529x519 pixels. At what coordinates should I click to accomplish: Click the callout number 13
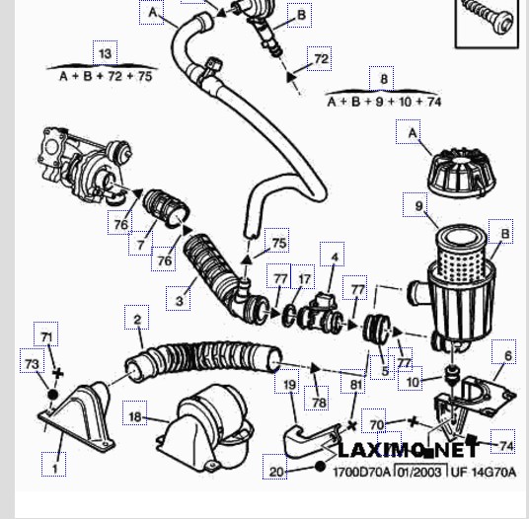pyautogui.click(x=106, y=53)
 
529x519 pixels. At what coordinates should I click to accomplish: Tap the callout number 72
pyautogui.click(x=321, y=59)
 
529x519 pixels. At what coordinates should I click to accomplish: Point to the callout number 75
pyautogui.click(x=279, y=243)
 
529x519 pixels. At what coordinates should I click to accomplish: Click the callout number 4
pyautogui.click(x=335, y=258)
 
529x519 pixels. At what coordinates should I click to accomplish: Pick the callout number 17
pyautogui.click(x=304, y=279)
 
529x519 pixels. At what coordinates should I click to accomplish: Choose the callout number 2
pyautogui.click(x=137, y=320)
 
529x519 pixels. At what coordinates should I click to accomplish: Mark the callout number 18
pyautogui.click(x=135, y=416)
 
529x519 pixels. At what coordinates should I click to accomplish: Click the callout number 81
pyautogui.click(x=355, y=385)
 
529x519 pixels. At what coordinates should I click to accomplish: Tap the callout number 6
pyautogui.click(x=508, y=355)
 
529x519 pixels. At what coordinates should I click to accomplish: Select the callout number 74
pyautogui.click(x=506, y=446)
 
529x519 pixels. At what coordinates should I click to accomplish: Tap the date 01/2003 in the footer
pyautogui.click(x=420, y=472)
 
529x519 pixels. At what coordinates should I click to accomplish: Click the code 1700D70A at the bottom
pyautogui.click(x=361, y=472)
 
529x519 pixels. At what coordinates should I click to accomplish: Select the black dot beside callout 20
pyautogui.click(x=320, y=467)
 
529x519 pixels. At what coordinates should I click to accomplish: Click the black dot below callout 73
pyautogui.click(x=53, y=395)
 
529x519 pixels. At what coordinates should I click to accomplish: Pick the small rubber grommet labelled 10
pyautogui.click(x=451, y=373)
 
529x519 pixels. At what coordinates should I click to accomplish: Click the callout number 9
pyautogui.click(x=419, y=205)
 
